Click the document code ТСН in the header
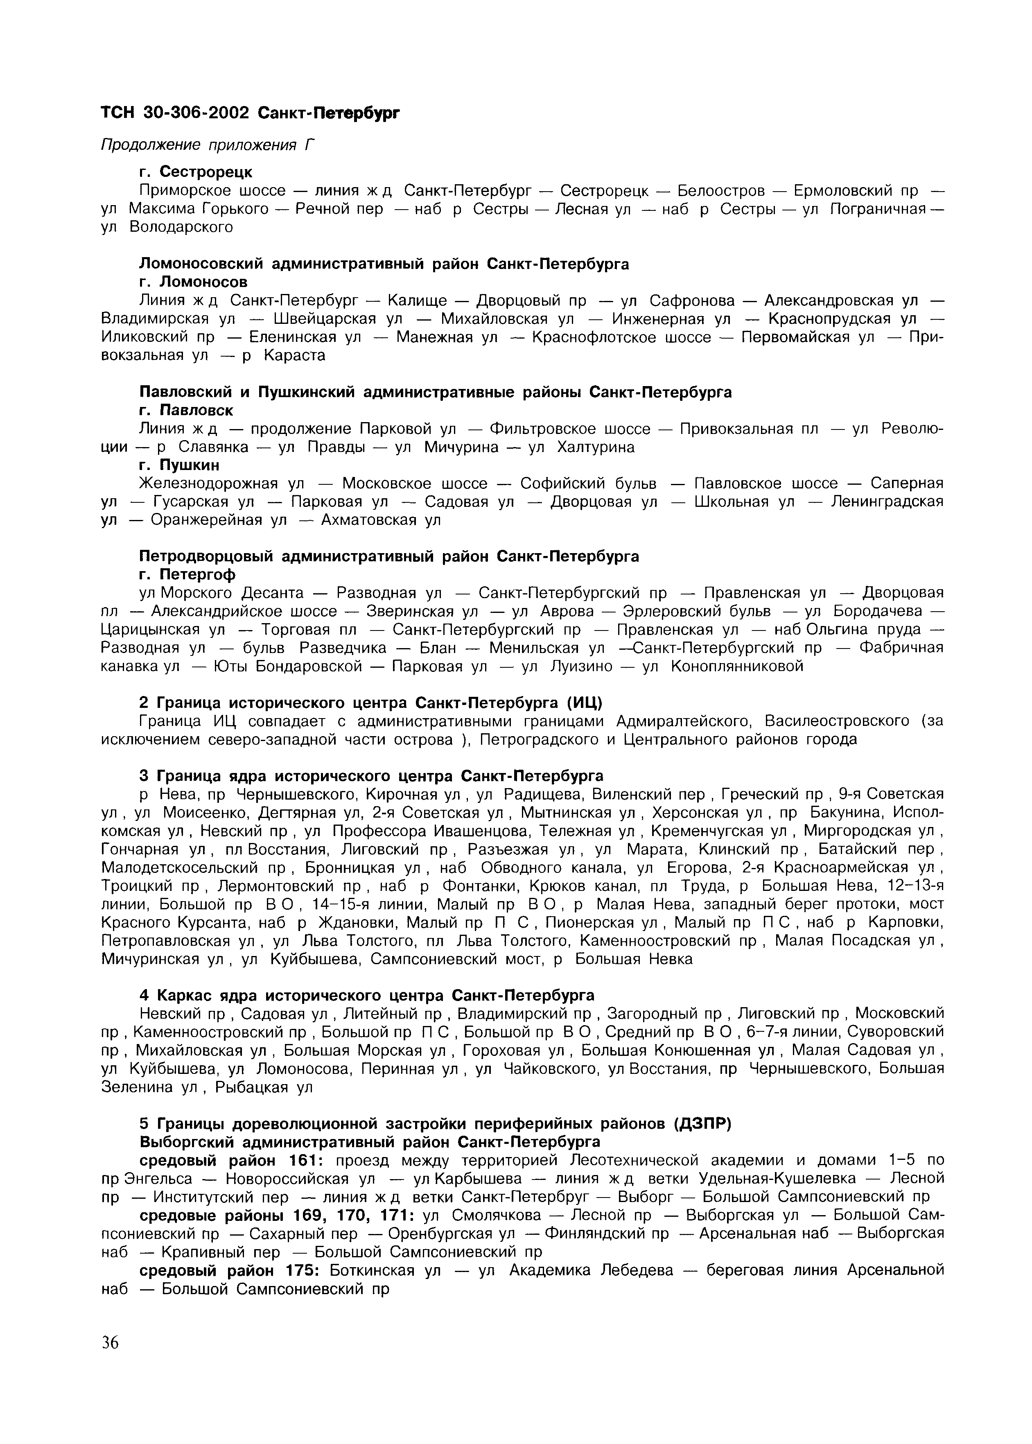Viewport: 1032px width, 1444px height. click(118, 113)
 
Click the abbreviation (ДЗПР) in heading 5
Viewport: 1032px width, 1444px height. click(703, 1124)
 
